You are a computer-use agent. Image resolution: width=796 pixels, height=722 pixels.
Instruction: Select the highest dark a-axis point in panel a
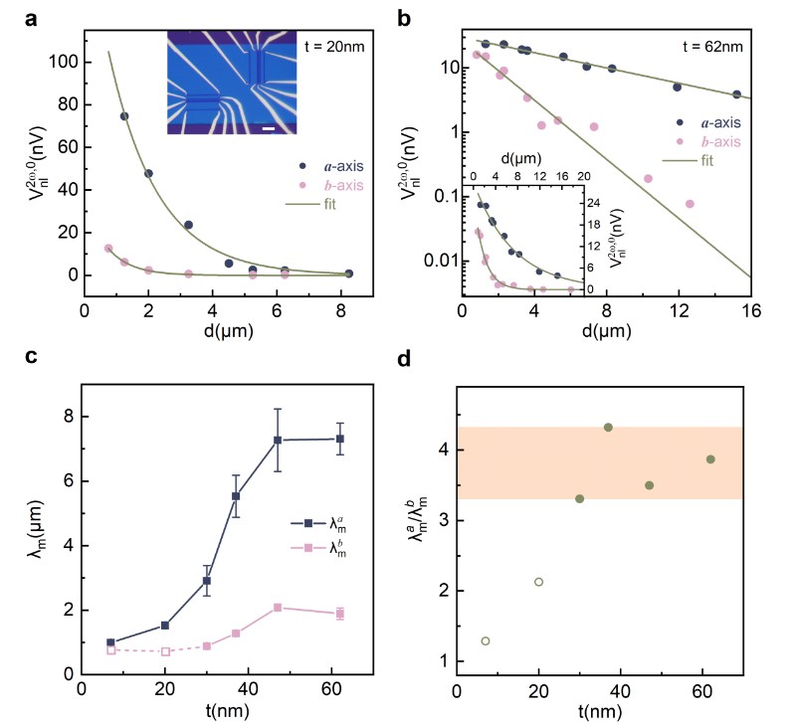(x=124, y=116)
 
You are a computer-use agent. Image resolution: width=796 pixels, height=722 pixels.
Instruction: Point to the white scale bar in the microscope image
(x=268, y=127)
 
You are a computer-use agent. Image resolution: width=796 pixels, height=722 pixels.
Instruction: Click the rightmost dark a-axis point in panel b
(x=736, y=94)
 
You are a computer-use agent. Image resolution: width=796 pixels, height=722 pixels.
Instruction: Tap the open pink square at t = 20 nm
(x=166, y=651)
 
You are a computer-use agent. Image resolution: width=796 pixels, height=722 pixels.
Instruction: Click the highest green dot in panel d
(x=608, y=428)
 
